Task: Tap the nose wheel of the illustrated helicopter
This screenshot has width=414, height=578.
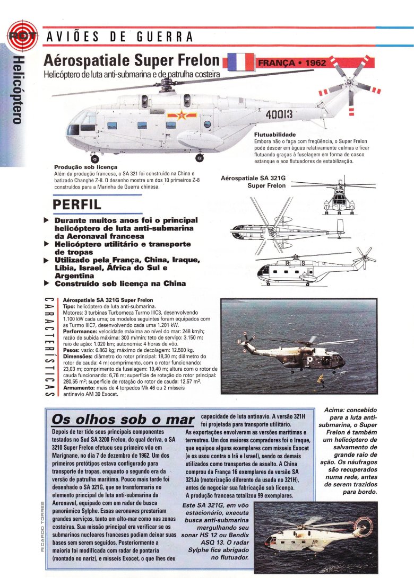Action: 94,158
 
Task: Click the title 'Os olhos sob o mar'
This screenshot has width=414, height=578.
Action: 123,420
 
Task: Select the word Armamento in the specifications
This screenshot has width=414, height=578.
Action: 79,388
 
